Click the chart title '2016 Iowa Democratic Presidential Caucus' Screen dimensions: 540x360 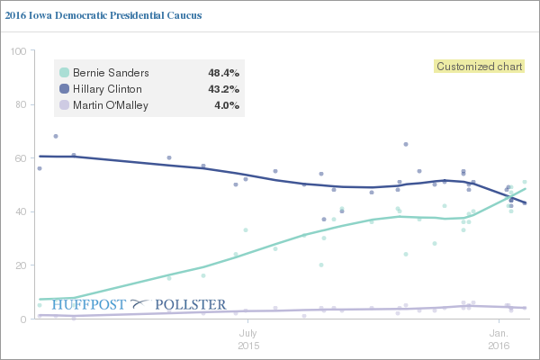point(103,15)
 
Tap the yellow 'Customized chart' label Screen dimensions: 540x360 point(479,66)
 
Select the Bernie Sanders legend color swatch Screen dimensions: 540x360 point(65,73)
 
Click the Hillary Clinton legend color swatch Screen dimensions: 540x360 point(65,89)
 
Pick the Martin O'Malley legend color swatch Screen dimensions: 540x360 point(65,105)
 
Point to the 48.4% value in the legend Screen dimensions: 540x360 point(223,73)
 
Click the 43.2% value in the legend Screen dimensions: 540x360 point(223,89)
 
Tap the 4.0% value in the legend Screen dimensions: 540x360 point(227,105)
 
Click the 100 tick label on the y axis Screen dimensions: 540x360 point(18,51)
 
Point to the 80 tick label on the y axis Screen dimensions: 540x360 point(21,104)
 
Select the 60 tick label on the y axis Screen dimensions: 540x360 point(21,158)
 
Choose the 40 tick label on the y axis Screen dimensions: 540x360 point(21,211)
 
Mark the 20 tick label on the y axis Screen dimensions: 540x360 point(21,265)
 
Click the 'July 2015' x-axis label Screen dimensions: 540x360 point(248,339)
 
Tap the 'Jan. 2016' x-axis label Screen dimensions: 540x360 point(499,339)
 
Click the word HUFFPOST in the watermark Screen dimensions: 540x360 point(89,305)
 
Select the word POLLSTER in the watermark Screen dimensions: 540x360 point(191,305)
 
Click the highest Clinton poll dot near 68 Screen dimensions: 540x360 point(56,137)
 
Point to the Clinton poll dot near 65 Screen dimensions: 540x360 point(406,144)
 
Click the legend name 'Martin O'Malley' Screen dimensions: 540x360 point(111,105)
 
